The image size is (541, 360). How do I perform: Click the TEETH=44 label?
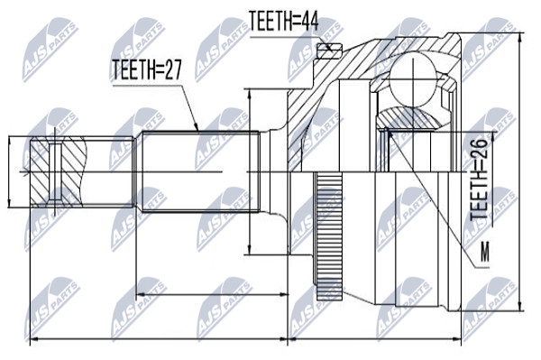(x=283, y=21)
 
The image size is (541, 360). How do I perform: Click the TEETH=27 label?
(x=147, y=69)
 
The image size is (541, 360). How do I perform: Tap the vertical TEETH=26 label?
(x=479, y=180)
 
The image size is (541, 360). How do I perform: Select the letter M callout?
(x=485, y=252)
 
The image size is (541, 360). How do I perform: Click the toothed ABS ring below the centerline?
(x=329, y=238)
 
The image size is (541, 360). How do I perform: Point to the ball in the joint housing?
(x=413, y=78)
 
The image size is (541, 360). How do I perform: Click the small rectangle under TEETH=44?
(x=329, y=51)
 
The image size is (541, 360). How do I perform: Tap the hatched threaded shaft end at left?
(x=57, y=171)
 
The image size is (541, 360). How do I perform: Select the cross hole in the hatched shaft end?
(x=55, y=171)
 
